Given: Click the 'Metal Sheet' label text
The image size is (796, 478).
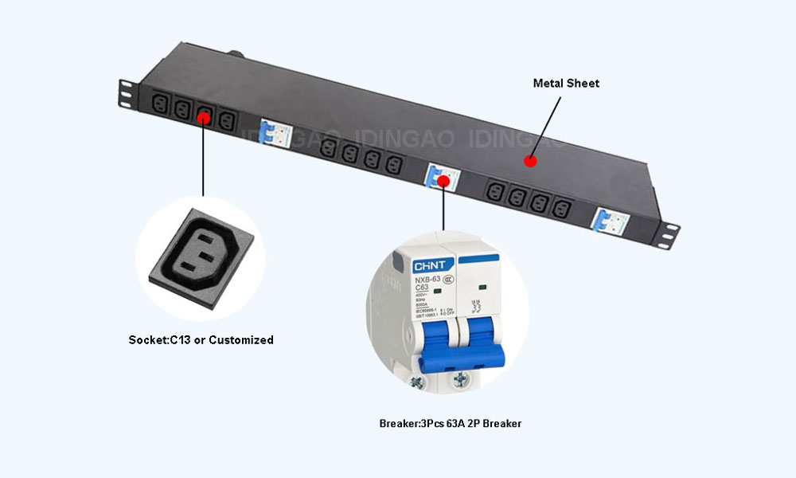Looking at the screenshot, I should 566,83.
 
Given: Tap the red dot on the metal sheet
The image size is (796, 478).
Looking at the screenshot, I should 530,161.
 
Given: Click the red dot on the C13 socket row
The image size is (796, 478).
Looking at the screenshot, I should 204,117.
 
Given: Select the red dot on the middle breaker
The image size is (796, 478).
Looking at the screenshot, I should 443,180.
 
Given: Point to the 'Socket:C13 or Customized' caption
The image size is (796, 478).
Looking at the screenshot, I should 201,340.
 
